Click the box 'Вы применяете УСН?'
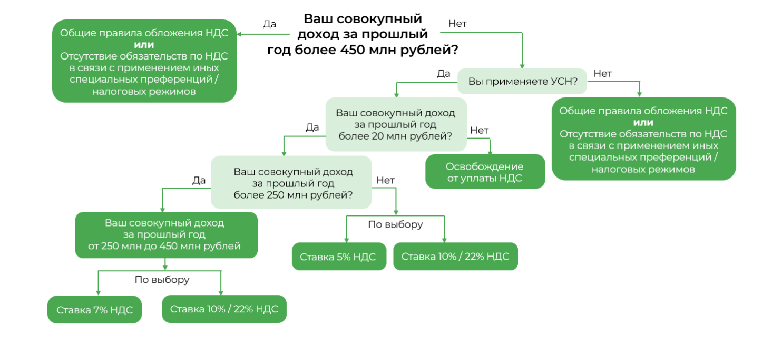tap(522, 82)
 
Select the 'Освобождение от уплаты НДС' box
tap(484, 172)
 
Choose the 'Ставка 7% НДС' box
tap(94, 309)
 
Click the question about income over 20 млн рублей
tap(395, 124)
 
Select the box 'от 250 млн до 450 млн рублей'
tap(166, 235)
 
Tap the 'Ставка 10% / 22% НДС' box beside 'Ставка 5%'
tap(455, 257)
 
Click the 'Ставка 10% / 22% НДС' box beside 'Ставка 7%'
tap(224, 309)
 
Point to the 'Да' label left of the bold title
tap(269, 24)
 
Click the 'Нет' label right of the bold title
tap(457, 24)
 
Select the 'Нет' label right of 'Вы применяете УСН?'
tap(603, 73)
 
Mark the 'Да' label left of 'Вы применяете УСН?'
tap(443, 73)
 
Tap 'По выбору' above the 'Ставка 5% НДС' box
tap(395, 224)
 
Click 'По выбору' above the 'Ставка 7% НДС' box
tap(162, 280)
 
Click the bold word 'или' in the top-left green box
tap(144, 44)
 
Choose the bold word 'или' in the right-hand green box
tap(643, 122)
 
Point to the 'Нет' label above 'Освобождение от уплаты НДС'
tap(480, 130)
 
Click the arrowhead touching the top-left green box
tap(240, 34)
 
